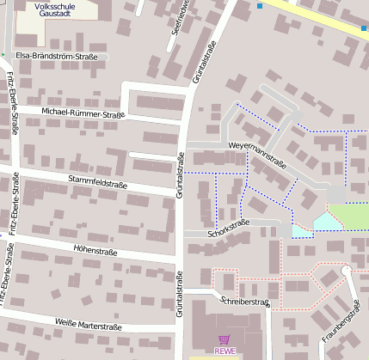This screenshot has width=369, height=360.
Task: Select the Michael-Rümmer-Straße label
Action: (83, 113)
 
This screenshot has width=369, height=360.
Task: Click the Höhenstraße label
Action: (101, 252)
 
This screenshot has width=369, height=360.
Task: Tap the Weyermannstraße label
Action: (257, 156)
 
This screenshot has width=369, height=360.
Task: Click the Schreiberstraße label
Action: (245, 302)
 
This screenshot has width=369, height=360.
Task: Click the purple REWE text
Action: (224, 351)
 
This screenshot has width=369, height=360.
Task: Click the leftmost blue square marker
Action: (261, 7)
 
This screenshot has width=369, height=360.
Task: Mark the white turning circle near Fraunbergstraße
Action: (347, 271)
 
